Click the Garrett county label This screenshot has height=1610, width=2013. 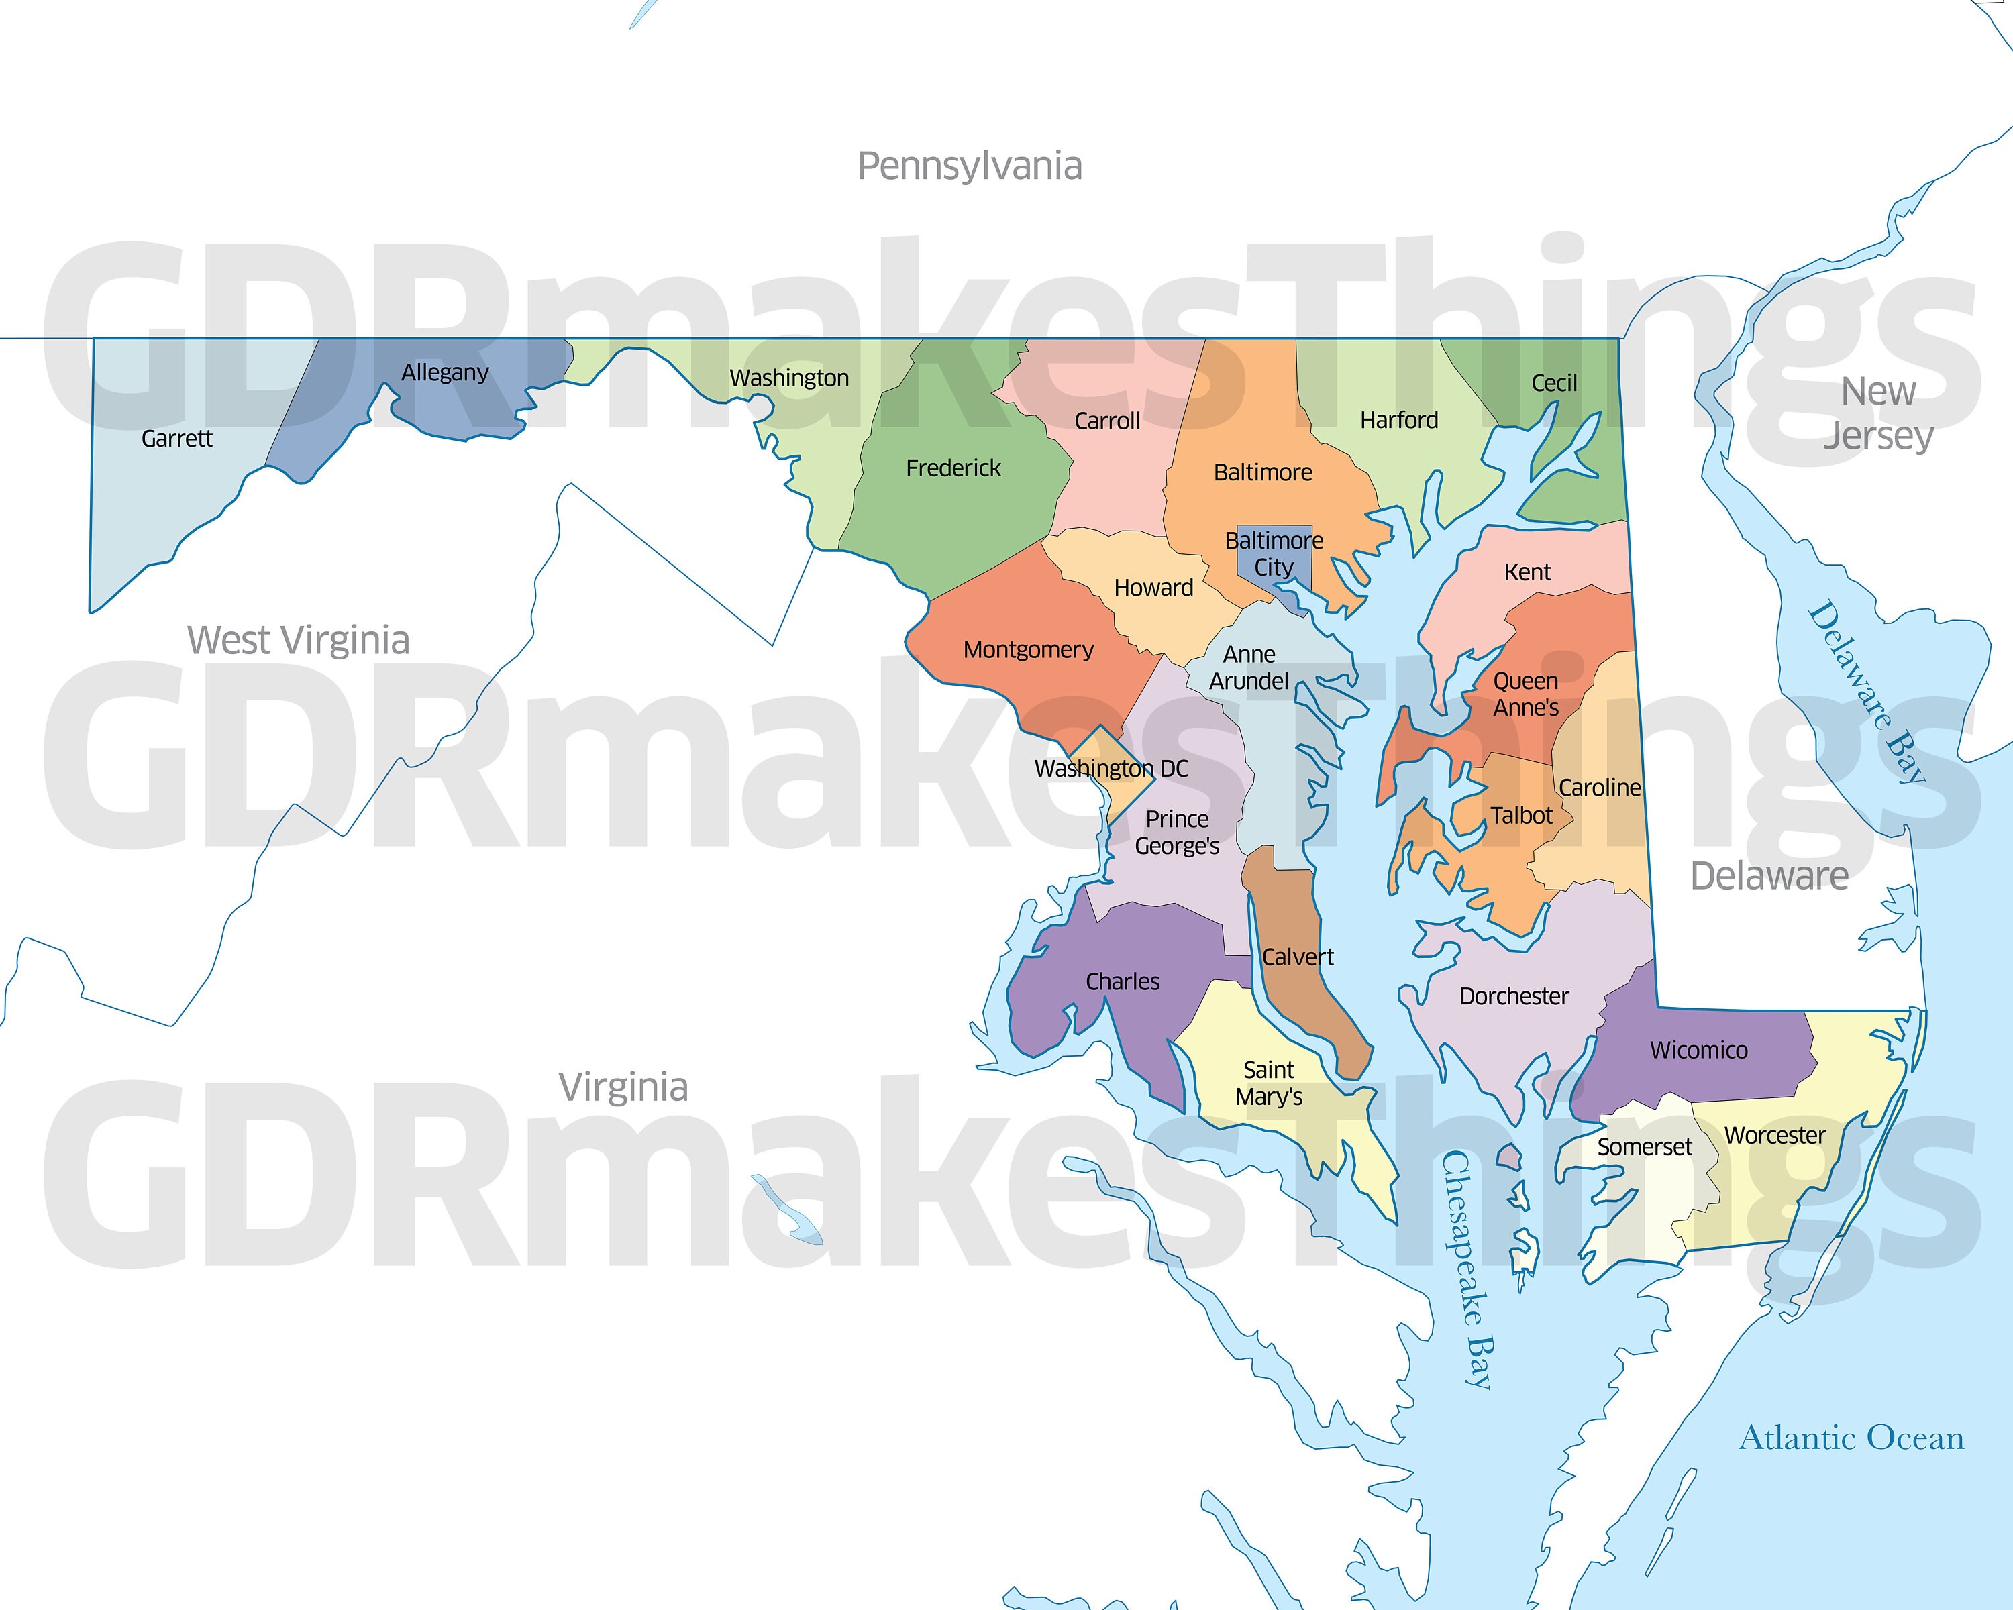[176, 439]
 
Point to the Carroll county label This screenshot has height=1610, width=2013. [1106, 421]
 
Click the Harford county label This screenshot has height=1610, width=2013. [1398, 420]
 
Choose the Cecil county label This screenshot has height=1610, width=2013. [1553, 382]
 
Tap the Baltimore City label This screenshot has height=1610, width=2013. [1274, 553]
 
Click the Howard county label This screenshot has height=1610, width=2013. [1153, 587]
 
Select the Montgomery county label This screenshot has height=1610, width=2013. [1028, 649]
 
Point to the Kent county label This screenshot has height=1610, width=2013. [1527, 572]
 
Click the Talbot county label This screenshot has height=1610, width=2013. [1521, 816]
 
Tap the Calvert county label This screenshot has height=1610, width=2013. [1297, 957]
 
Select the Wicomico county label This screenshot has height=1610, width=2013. [1698, 1050]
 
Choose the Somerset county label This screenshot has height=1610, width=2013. [1643, 1147]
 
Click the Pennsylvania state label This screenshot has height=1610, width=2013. [969, 166]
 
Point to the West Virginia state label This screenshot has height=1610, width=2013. [298, 640]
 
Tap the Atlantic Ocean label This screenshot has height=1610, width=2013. [1851, 1438]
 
